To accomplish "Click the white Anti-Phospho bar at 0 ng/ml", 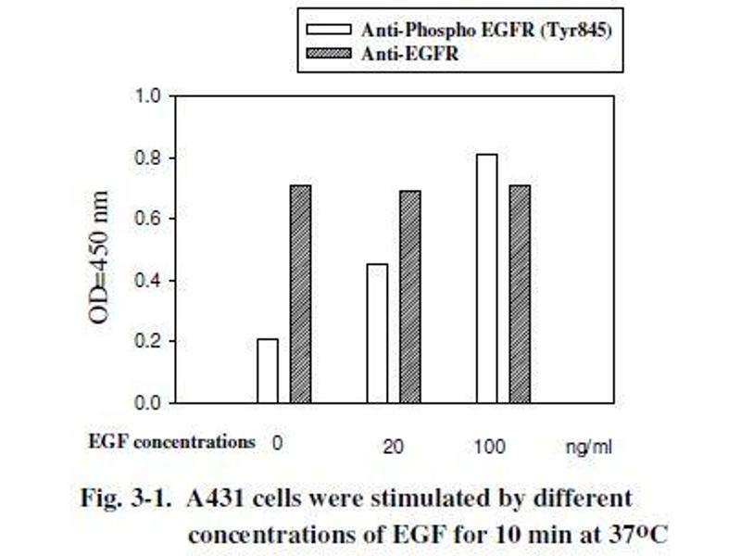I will [x=267, y=371].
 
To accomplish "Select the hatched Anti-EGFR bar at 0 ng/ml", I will [x=300, y=294].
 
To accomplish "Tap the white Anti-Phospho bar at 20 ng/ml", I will [x=377, y=334].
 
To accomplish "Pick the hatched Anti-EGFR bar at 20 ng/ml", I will [x=409, y=297].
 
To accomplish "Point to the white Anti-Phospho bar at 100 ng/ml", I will [x=486, y=278].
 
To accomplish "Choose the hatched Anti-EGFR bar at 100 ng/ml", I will [x=519, y=294].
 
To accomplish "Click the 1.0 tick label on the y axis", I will [x=149, y=96].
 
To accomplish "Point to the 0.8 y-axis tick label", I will [x=149, y=158].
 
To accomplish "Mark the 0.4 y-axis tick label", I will [x=149, y=281].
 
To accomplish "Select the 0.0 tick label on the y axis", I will [x=149, y=403].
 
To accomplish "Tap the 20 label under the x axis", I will [x=394, y=447].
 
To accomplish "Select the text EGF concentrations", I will [x=171, y=441].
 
